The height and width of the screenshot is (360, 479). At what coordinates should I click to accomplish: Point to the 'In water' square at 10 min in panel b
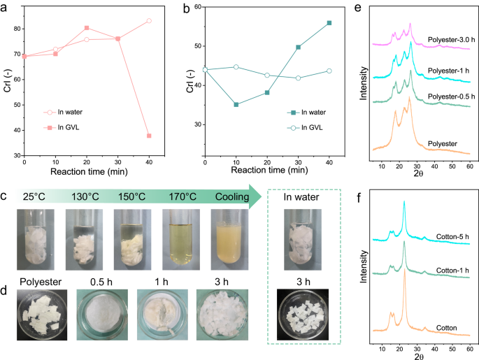tap(236, 105)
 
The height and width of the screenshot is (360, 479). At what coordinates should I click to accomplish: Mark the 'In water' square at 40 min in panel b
tap(329, 23)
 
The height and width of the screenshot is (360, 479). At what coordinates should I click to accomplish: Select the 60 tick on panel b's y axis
tap(196, 7)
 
